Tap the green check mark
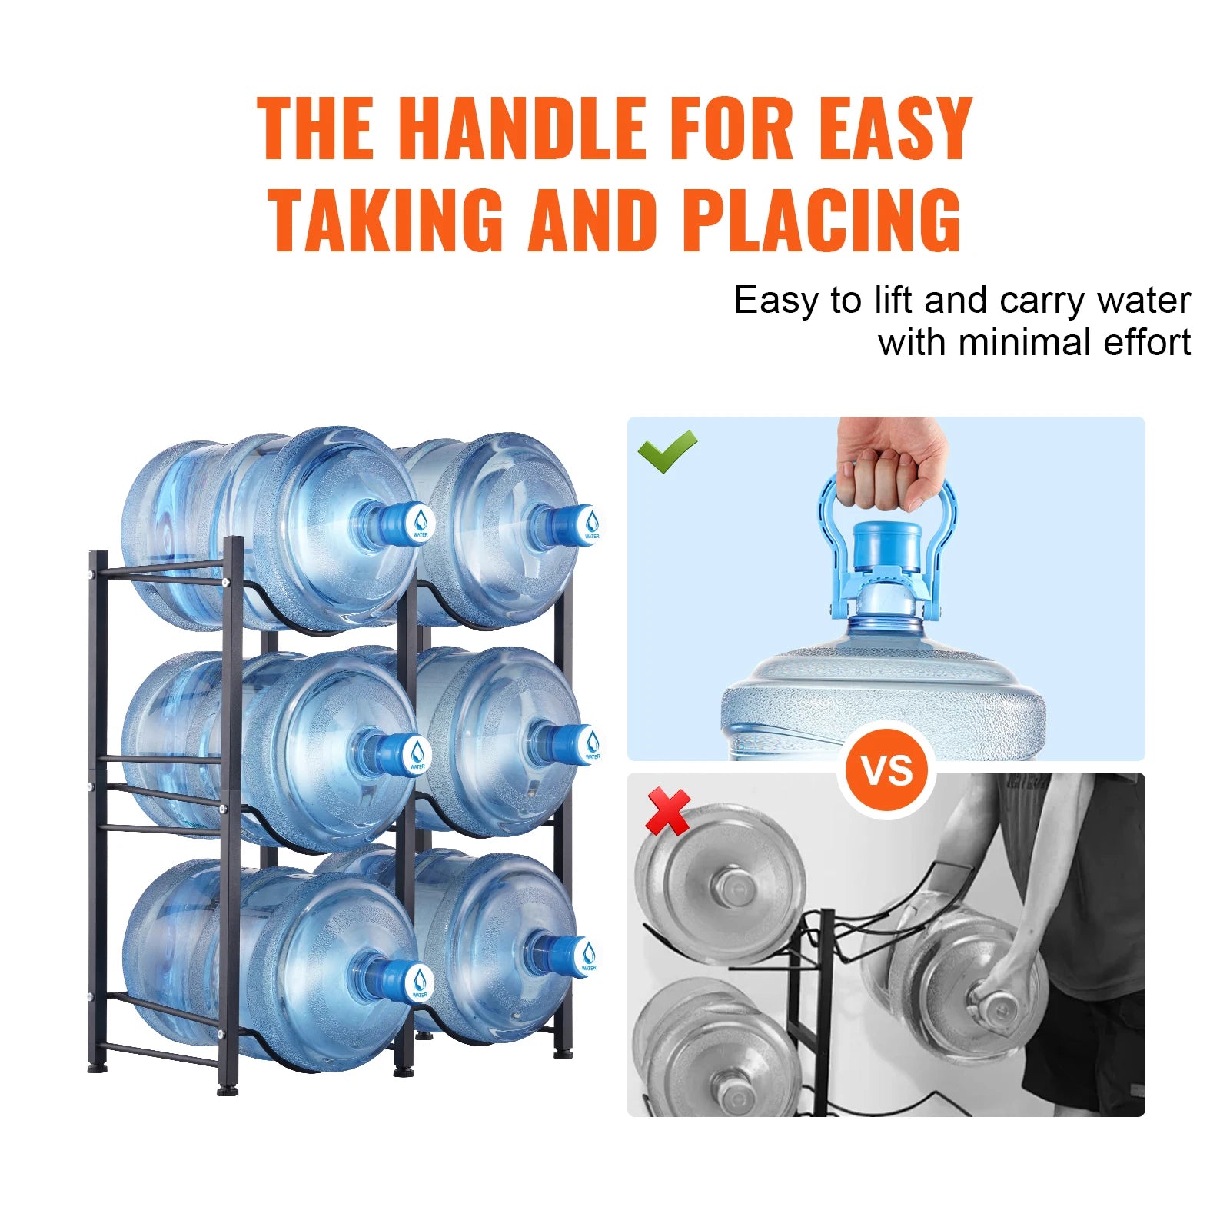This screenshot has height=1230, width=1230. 667,450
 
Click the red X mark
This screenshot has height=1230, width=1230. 667,812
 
